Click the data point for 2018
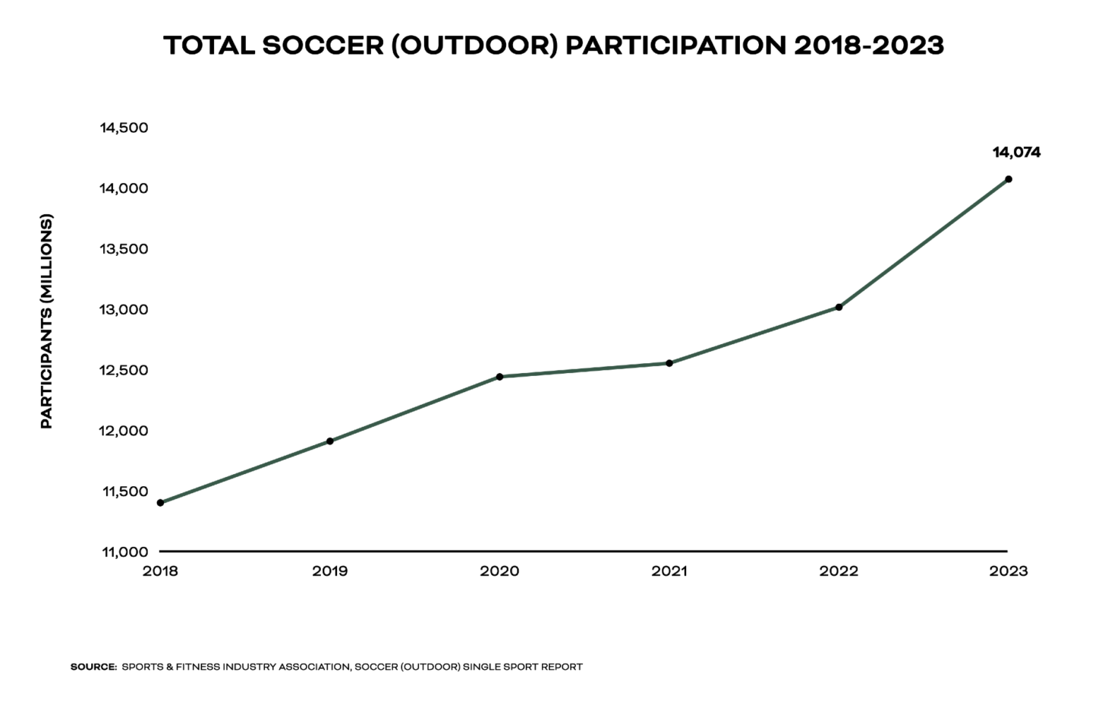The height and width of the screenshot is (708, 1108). (x=160, y=503)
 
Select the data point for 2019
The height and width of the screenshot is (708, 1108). (x=330, y=441)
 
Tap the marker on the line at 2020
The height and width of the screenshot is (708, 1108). (x=499, y=377)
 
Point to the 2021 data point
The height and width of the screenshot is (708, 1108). (x=669, y=363)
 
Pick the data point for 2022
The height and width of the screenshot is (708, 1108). (x=839, y=307)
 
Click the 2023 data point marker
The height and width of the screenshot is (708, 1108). (x=1009, y=179)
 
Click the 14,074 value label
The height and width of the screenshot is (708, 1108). (x=1016, y=153)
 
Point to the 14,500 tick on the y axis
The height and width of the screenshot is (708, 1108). (x=124, y=128)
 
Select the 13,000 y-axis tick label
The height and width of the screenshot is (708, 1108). (x=124, y=310)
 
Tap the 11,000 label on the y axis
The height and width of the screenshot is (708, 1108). (x=124, y=552)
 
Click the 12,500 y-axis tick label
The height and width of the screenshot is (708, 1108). (x=124, y=371)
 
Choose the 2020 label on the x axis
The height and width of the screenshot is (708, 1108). (x=499, y=571)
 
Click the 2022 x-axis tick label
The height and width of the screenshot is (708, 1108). (x=839, y=571)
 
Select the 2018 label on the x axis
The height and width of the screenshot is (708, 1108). (x=160, y=571)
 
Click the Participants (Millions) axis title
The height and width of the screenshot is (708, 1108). (x=46, y=321)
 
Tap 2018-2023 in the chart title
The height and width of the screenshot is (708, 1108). (x=868, y=46)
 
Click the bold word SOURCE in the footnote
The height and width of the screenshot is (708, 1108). (x=93, y=667)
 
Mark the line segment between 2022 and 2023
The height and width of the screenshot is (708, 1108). (x=924, y=243)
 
